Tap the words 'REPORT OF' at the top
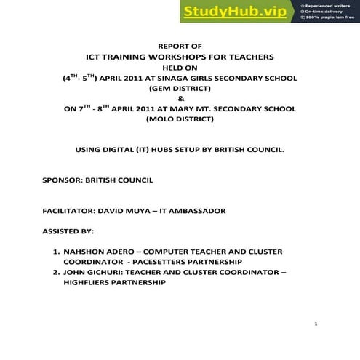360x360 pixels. tap(180, 46)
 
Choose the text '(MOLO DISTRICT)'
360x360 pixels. tap(180, 119)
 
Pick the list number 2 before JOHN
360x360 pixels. tap(56, 272)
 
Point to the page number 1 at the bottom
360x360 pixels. tap(316, 324)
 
